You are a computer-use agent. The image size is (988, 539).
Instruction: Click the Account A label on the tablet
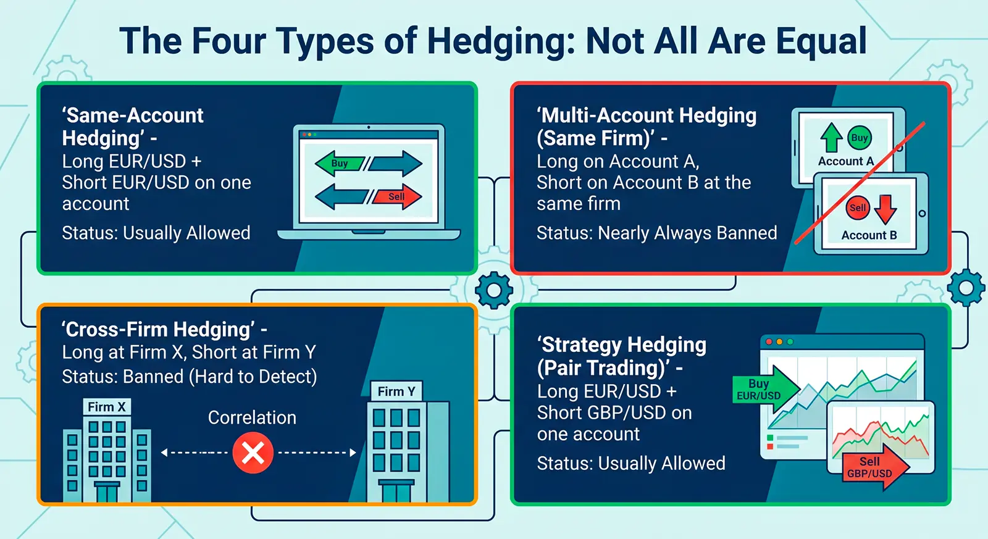click(x=845, y=161)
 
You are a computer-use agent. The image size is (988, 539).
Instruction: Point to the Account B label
click(x=869, y=235)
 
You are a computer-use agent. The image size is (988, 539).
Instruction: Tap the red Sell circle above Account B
click(x=857, y=207)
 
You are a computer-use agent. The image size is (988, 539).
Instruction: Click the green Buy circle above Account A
click(x=859, y=138)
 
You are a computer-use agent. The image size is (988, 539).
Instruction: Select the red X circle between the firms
click(x=253, y=453)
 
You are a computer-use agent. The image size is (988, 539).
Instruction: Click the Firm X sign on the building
click(x=107, y=407)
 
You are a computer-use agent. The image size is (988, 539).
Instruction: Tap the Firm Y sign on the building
click(x=396, y=391)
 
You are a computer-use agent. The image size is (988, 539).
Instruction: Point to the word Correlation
click(x=252, y=418)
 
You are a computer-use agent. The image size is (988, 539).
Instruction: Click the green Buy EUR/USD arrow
click(x=763, y=390)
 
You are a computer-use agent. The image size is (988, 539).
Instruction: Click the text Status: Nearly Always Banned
click(x=656, y=233)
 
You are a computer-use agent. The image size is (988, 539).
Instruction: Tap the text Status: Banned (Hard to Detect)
click(x=189, y=377)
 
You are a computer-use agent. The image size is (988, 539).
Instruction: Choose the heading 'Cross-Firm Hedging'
click(x=158, y=329)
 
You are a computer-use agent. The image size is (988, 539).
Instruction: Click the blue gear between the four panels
click(x=493, y=290)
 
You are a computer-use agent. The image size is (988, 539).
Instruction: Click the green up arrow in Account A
click(x=831, y=137)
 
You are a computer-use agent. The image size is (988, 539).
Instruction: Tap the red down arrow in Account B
click(x=885, y=209)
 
